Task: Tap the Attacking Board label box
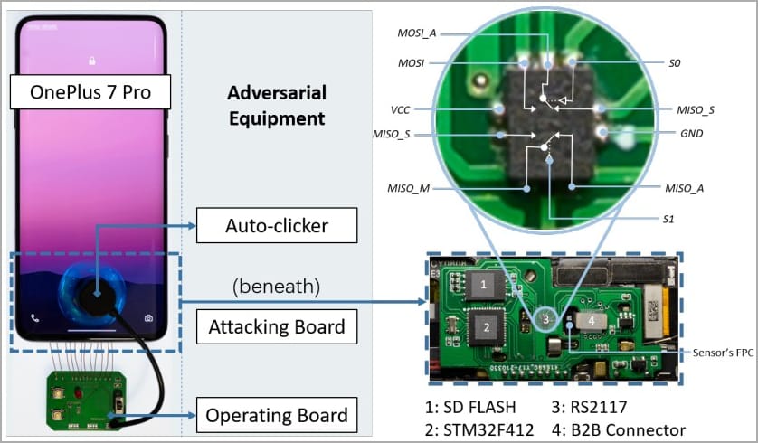click(x=277, y=325)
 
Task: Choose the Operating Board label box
click(x=276, y=415)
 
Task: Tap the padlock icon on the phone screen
click(x=91, y=61)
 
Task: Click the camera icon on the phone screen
click(x=148, y=318)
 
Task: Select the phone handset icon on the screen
click(x=35, y=318)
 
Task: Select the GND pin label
click(x=691, y=133)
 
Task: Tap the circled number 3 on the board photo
click(x=545, y=318)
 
